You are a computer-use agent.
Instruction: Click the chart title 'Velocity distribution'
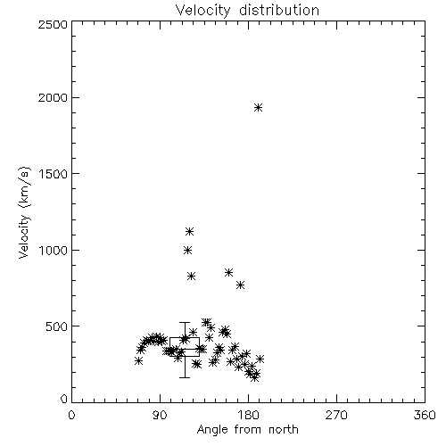pyautogui.click(x=247, y=10)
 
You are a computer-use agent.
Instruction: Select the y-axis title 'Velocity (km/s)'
pyautogui.click(x=24, y=212)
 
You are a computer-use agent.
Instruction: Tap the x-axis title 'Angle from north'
pyautogui.click(x=247, y=430)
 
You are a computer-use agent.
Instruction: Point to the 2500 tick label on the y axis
pyautogui.click(x=53, y=24)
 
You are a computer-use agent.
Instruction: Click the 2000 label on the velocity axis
pyautogui.click(x=53, y=97)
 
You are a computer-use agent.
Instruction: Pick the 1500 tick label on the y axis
pyautogui.click(x=54, y=174)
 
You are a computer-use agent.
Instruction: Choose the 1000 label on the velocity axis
pyautogui.click(x=54, y=250)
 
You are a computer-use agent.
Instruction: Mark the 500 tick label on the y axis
pyautogui.click(x=57, y=326)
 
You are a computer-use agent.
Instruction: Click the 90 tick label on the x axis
pyautogui.click(x=161, y=415)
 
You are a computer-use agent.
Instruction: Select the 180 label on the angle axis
pyautogui.click(x=248, y=415)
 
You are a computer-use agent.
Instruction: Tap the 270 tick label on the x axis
pyautogui.click(x=336, y=415)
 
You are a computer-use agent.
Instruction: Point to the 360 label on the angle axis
pyautogui.click(x=425, y=415)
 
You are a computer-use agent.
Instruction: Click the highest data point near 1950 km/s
pyautogui.click(x=259, y=107)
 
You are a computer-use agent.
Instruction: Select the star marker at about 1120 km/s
pyautogui.click(x=190, y=231)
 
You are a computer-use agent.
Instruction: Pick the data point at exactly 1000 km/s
pyautogui.click(x=187, y=250)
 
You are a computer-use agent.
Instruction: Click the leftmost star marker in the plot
pyautogui.click(x=138, y=360)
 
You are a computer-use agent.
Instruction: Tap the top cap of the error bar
pyautogui.click(x=185, y=322)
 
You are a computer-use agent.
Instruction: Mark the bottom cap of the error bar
pyautogui.click(x=185, y=377)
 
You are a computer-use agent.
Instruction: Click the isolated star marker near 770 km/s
pyautogui.click(x=241, y=285)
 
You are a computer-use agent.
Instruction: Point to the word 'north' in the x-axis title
pyautogui.click(x=284, y=430)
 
